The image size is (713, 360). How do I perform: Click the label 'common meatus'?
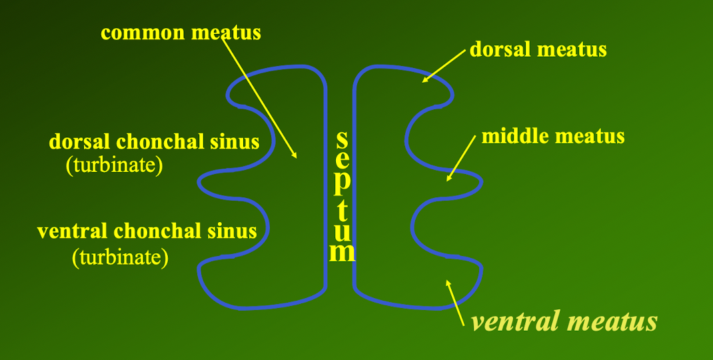coord(181,33)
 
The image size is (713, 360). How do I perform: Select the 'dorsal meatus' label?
coord(538,49)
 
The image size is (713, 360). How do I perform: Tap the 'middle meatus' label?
coord(552,137)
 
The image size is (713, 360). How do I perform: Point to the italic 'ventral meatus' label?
coord(564,322)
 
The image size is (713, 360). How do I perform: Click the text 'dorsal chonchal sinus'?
coord(154,142)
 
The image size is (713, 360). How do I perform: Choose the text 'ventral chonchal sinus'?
coord(147,231)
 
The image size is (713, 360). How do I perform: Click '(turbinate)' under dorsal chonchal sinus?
coord(114,166)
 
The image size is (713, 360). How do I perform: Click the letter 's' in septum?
coord(341,139)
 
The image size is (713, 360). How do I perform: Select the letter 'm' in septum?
coord(343,252)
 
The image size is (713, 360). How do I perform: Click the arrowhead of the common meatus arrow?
coord(296,157)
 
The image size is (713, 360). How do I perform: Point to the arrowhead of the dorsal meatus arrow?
coord(424,80)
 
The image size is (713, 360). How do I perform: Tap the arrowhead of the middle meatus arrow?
coord(448,179)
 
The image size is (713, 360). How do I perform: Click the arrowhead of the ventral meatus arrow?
coord(448,283)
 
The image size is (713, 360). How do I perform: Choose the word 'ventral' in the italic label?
coord(514,322)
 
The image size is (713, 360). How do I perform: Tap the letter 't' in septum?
coord(342,210)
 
